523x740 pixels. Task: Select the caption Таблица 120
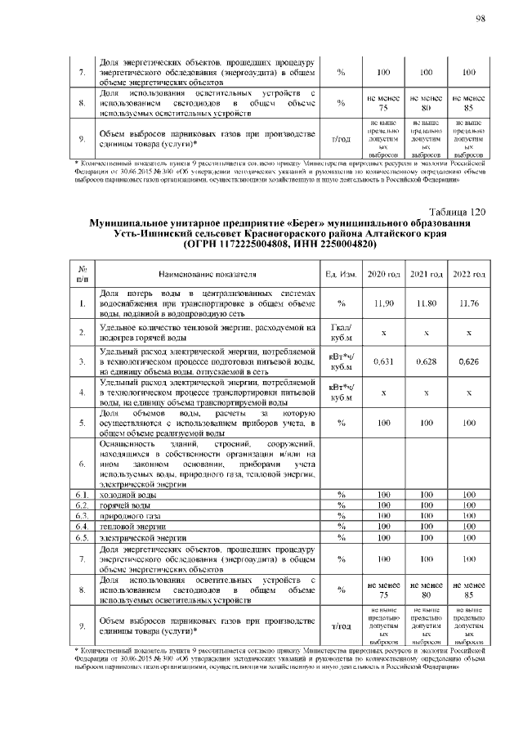click(x=457, y=213)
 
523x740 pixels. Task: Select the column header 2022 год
click(x=469, y=273)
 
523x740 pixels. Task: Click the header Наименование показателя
click(x=201, y=273)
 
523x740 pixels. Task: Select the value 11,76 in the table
click(x=469, y=303)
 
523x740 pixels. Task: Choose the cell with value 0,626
click(x=469, y=361)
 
